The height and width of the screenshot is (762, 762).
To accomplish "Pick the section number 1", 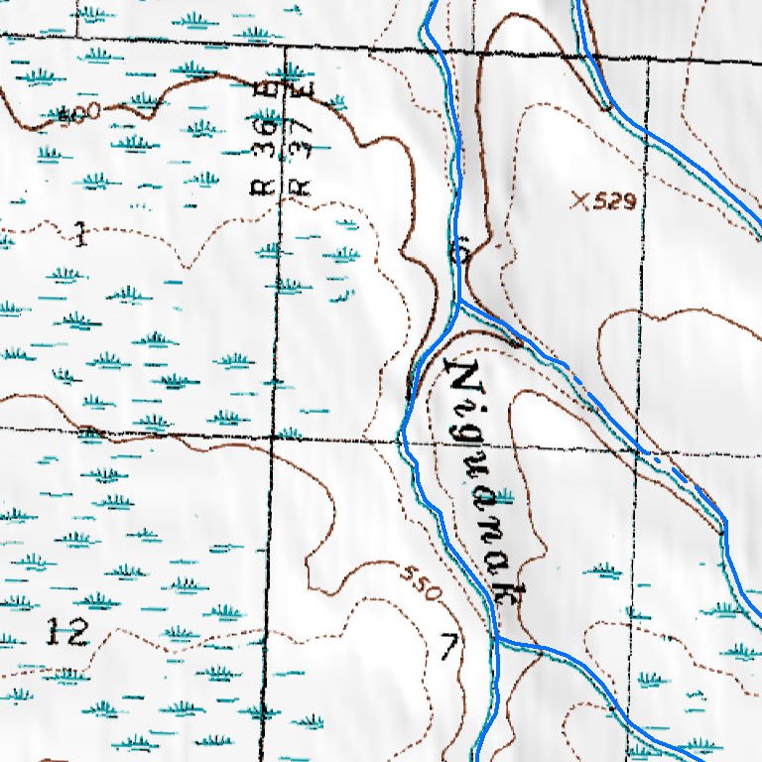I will pyautogui.click(x=80, y=236).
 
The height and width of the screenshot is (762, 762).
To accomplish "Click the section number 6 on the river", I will pyautogui.click(x=458, y=253).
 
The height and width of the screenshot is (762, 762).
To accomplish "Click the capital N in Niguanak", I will pyautogui.click(x=461, y=377).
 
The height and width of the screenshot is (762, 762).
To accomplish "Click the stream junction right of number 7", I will pyautogui.click(x=497, y=641).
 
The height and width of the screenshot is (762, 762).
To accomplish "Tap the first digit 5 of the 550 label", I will pyautogui.click(x=409, y=575).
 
